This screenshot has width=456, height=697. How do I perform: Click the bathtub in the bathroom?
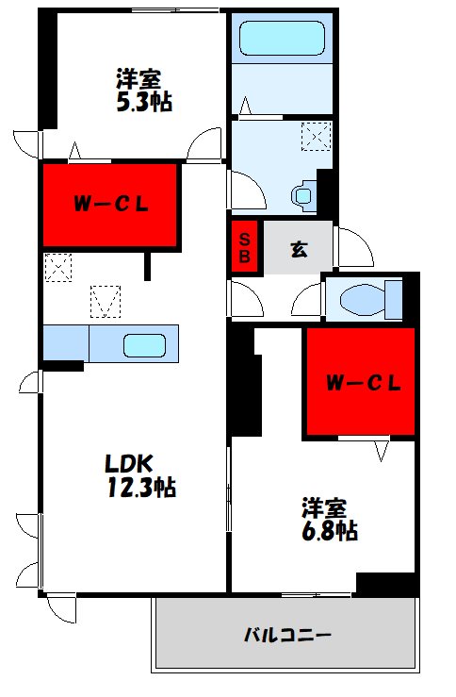282,39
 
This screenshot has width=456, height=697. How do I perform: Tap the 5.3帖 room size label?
144,102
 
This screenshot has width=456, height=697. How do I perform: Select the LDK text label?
129,464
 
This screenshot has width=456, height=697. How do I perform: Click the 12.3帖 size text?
141,487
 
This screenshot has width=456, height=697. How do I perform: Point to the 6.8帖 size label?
330,530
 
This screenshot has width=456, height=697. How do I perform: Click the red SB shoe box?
245,247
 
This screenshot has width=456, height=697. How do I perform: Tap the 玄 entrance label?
299,249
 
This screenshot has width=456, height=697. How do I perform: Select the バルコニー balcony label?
287,635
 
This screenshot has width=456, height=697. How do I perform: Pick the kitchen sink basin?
144,346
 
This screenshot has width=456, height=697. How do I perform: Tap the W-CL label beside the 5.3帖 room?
111,205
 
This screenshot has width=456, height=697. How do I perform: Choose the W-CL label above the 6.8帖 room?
364,383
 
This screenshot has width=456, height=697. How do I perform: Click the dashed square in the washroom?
317,137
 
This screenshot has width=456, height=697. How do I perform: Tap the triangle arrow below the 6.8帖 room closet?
382,451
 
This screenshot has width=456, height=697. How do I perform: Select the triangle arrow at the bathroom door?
245,106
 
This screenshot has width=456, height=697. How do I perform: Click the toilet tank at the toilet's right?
394,300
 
